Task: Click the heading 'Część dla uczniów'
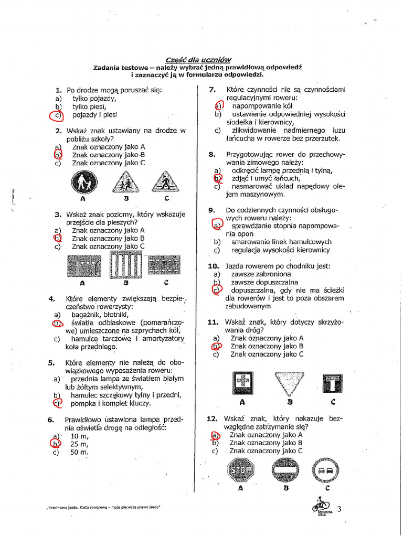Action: [x=198, y=60]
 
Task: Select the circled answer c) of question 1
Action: [x=56, y=115]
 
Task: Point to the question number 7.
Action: [x=213, y=90]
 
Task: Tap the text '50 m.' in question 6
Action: [x=80, y=453]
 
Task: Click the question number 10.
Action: [x=213, y=266]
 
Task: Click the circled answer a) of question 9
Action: [x=217, y=225]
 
